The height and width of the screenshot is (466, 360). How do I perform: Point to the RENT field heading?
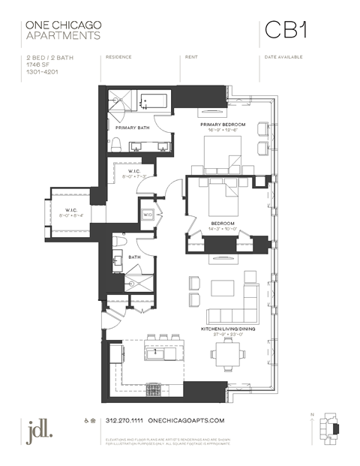[191, 57]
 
